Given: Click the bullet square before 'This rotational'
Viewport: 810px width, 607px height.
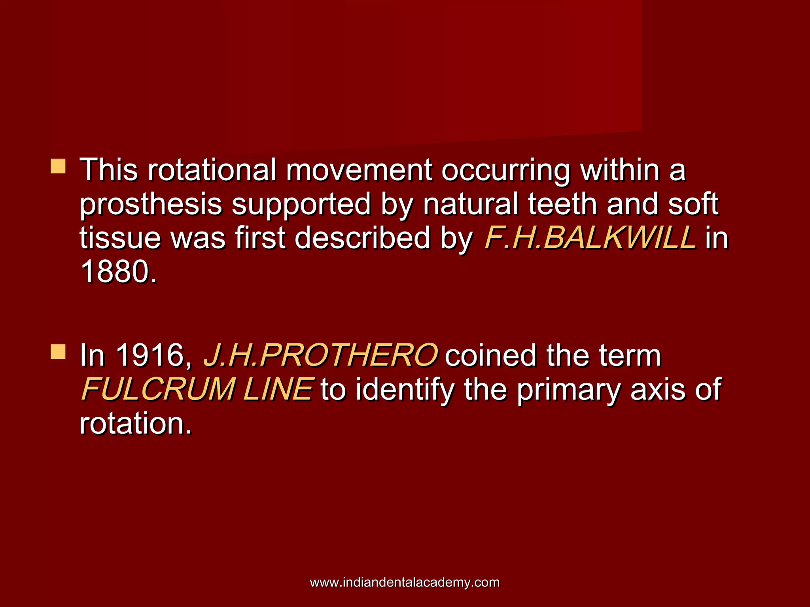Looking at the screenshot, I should [58, 166].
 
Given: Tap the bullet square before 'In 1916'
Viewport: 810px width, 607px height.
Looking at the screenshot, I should [58, 351].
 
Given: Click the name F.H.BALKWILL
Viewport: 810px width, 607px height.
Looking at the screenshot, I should [590, 238].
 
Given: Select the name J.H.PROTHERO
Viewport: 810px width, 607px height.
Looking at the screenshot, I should [320, 355].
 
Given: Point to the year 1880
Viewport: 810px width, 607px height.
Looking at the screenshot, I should [118, 272].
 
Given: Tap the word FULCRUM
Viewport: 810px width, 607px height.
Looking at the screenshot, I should [158, 389].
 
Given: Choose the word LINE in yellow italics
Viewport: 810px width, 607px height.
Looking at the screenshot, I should [278, 389].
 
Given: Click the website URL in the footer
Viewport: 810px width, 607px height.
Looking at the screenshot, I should [405, 582].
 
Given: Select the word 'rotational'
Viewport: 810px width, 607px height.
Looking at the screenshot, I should [212, 170].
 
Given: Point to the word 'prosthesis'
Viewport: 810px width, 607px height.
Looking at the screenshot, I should [151, 205].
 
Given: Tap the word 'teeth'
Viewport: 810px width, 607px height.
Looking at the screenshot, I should [562, 204].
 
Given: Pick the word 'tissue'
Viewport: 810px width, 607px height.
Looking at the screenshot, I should [119, 238].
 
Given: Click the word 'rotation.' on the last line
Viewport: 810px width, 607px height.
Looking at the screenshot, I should [136, 423].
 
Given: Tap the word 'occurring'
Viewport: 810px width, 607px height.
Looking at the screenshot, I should [505, 171].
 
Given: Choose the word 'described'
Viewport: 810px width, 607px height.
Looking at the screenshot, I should [362, 238].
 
